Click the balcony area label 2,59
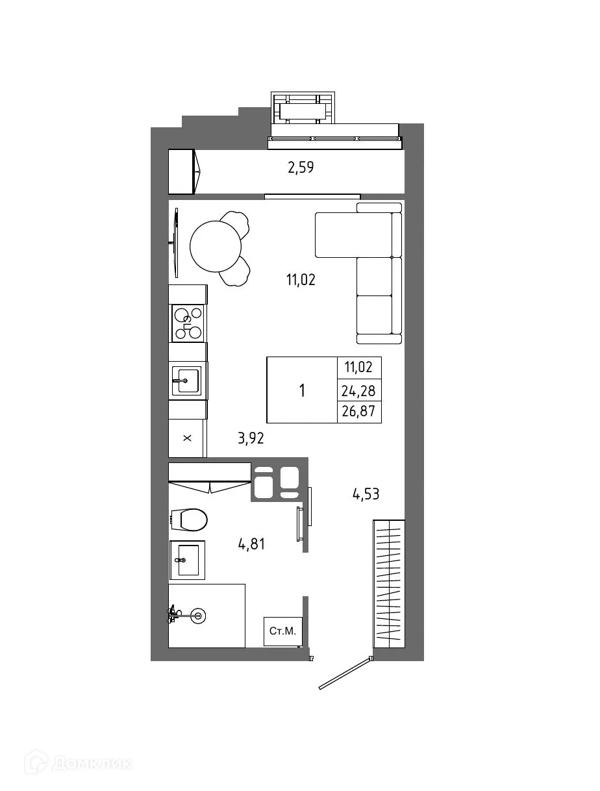point(301,168)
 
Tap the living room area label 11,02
point(301,280)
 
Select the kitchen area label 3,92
point(251,438)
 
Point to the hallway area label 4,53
point(366,494)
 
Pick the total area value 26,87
point(359,412)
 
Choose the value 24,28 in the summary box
point(359,390)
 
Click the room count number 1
point(302,390)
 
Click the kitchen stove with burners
point(188,323)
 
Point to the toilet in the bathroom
point(190,520)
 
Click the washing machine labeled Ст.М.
point(283,631)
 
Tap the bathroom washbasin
point(187,560)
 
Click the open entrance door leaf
point(345,673)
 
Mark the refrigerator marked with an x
point(187,438)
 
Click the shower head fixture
point(197,613)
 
